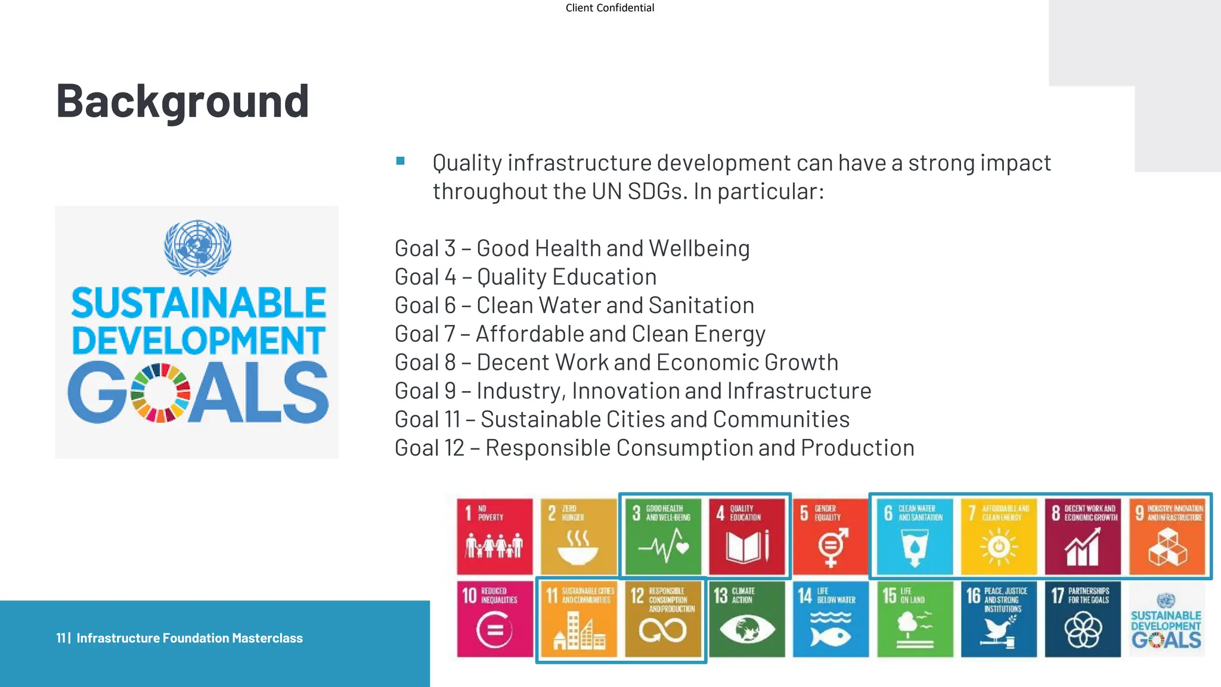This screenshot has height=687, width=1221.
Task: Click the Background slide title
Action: tap(182, 101)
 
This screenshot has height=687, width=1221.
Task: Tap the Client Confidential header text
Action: tap(609, 8)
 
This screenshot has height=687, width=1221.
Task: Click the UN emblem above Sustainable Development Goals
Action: tap(197, 247)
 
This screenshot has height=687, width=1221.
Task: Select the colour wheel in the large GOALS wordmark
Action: tap(160, 393)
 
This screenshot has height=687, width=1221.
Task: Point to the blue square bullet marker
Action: tap(401, 161)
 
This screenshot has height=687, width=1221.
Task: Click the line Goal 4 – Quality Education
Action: tap(525, 277)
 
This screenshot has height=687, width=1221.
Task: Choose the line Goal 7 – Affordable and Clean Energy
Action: tap(579, 334)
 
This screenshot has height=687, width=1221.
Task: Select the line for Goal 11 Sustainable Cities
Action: tap(622, 419)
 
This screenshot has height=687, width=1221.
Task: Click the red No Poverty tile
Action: tap(494, 536)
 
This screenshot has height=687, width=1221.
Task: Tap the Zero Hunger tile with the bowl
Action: tap(578, 536)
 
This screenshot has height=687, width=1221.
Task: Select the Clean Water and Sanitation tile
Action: tap(915, 536)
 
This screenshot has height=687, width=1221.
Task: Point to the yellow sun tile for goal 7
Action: tap(999, 536)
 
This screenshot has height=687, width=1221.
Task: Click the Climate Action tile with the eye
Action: tap(746, 619)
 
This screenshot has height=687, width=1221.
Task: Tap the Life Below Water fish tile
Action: tap(830, 619)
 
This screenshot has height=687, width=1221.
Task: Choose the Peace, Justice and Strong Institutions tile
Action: tap(999, 619)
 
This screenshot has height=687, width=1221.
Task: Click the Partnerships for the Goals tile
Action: tap(1083, 619)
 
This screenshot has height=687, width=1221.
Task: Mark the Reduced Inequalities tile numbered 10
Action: tap(494, 619)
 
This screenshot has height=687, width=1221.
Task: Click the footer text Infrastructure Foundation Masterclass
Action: tap(189, 638)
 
